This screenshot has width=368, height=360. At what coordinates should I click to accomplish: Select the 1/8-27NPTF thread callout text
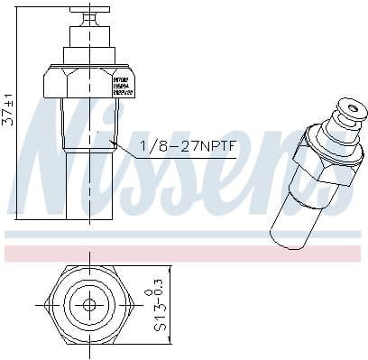coord(188,146)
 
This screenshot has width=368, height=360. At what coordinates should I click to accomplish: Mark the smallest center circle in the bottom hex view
coord(88,304)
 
